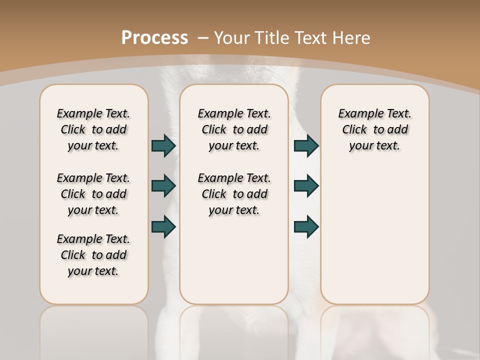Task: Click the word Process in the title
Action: pos(154,37)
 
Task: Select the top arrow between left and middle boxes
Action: pos(163,145)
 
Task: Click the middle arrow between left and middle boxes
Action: pos(163,186)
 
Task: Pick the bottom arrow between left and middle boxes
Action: pos(163,226)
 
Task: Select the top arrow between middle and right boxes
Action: pos(306,145)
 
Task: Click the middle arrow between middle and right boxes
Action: pos(306,186)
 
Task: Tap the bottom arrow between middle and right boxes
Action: pos(306,226)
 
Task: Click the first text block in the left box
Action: pos(93,129)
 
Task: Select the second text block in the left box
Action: pos(93,194)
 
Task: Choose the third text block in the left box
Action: pos(93,255)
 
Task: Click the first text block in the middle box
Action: pos(234,129)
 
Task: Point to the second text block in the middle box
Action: pos(234,194)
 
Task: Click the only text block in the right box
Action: pos(374,129)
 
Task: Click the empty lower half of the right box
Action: pos(374,240)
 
